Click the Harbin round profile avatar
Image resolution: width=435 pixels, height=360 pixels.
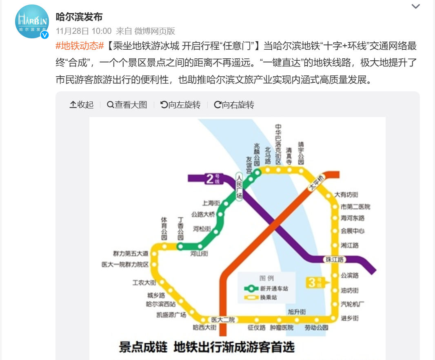point(32,21)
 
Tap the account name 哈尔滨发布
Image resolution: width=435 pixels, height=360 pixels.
point(79,17)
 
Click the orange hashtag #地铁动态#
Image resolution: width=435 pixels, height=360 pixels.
point(80,46)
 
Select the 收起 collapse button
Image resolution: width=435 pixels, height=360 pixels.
point(82,105)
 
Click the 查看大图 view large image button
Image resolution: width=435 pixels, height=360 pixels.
point(127,105)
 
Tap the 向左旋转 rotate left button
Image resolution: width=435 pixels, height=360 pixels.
point(180,105)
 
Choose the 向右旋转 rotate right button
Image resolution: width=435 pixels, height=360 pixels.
point(234,105)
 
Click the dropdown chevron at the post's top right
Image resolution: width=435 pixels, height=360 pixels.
point(415,6)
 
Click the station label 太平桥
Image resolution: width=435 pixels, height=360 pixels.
point(315,183)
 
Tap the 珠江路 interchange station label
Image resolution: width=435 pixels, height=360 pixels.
point(334,259)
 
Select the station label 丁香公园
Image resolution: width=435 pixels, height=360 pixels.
point(180,229)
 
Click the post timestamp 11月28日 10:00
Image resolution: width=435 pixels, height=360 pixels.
point(84,31)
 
